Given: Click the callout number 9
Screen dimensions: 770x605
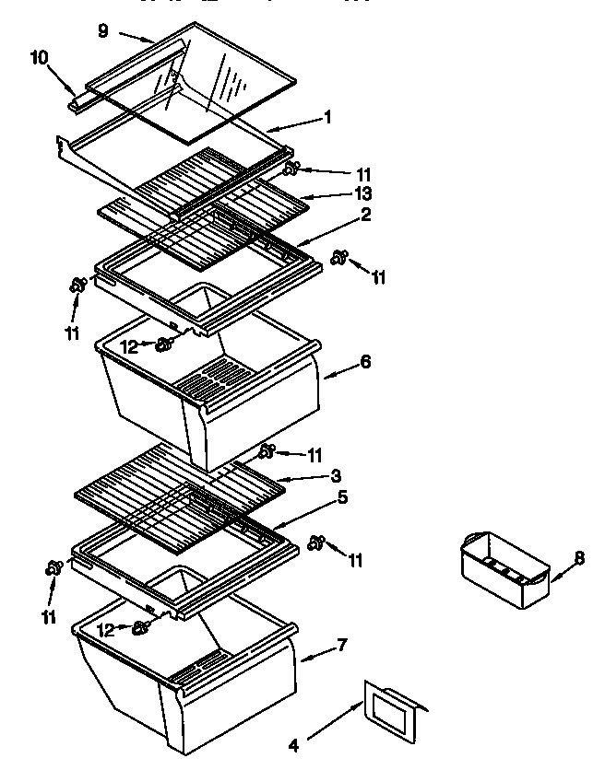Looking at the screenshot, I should coord(102,31).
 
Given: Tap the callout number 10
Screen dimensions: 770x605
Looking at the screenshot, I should coord(39,57).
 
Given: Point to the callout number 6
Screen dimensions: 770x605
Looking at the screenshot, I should coord(365,362).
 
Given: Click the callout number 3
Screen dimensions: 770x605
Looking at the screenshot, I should coord(337,476).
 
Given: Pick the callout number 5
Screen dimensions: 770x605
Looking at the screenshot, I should coord(342,497).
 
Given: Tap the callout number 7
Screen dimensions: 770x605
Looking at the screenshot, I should coord(342,644).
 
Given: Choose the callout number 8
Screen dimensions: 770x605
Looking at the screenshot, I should coord(579,557).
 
